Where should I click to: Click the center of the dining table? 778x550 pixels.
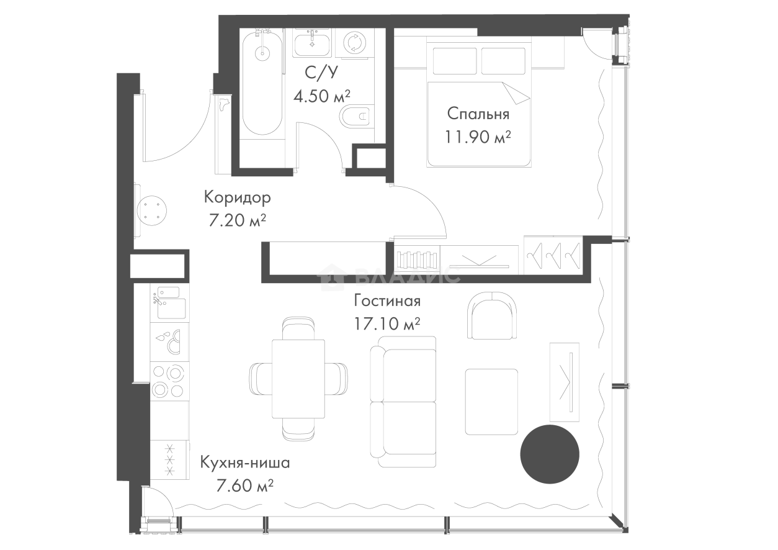pyautogui.click(x=298, y=379)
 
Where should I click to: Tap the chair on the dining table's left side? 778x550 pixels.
pyautogui.click(x=259, y=380)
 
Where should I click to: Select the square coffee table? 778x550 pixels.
pyautogui.click(x=491, y=402)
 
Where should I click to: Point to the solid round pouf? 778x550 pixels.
pyautogui.click(x=548, y=453)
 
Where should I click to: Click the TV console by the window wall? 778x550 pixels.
pyautogui.click(x=563, y=382)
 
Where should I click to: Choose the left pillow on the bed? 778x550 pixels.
pyautogui.click(x=454, y=60)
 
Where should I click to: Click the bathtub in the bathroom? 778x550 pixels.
pyautogui.click(x=262, y=93)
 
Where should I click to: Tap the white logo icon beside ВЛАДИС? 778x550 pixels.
pyautogui.click(x=332, y=277)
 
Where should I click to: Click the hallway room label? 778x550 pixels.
pyautogui.click(x=238, y=209)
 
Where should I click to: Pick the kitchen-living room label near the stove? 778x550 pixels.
pyautogui.click(x=245, y=474)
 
